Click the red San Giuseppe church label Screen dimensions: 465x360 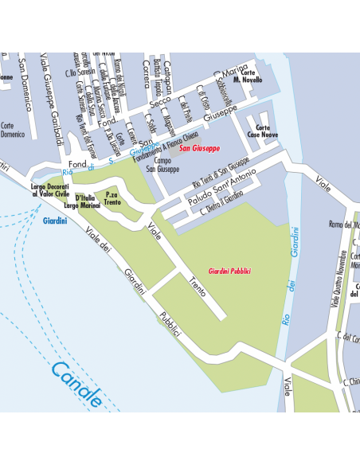tap(200, 148)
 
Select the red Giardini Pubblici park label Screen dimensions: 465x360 tap(229, 272)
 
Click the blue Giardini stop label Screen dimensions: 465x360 tap(55, 221)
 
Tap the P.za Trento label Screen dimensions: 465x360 tap(112, 198)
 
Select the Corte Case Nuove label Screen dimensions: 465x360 tap(262, 131)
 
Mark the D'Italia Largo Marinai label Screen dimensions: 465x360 tap(86, 201)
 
